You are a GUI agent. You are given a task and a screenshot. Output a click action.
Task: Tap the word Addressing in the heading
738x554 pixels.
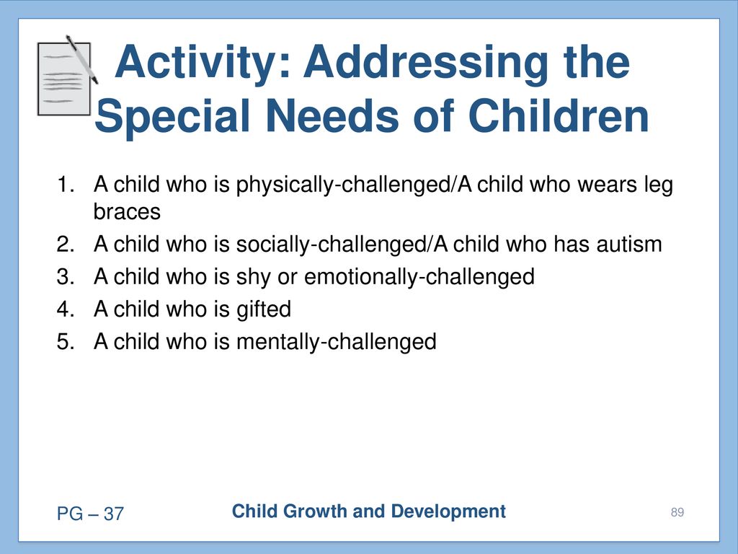(x=425, y=63)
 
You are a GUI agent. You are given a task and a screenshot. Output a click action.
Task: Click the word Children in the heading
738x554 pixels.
(x=559, y=116)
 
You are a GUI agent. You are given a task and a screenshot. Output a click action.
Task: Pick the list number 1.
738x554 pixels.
(x=66, y=184)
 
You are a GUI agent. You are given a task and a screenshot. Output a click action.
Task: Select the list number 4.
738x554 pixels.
(x=66, y=309)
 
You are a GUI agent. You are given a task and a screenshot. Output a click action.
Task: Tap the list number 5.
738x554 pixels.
(x=66, y=341)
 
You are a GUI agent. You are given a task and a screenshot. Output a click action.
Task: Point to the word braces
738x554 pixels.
(x=127, y=212)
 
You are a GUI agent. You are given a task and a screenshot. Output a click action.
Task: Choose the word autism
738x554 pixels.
(x=629, y=244)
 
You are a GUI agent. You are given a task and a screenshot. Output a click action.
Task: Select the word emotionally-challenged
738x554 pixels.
(x=419, y=278)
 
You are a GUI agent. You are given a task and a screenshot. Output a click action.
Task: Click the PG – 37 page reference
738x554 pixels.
(x=90, y=514)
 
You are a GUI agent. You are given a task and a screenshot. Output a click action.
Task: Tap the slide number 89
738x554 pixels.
(x=677, y=512)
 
